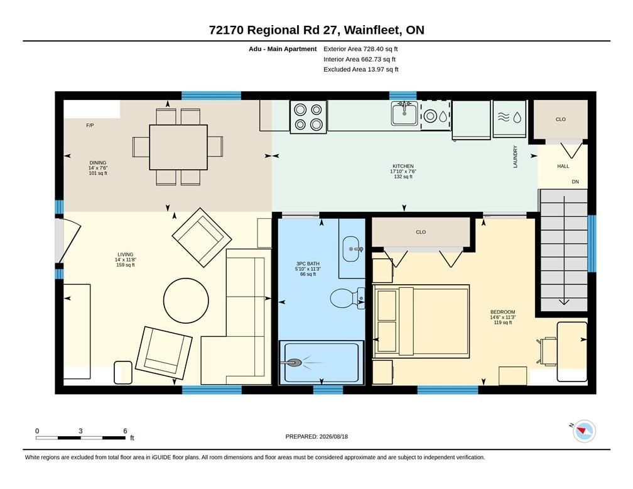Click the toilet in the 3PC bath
tap(347, 299)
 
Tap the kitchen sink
tap(404, 113)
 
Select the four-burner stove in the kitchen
tap(308, 116)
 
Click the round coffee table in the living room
tap(186, 300)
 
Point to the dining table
tap(178, 147)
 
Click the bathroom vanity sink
tap(352, 249)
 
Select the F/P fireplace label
tap(90, 125)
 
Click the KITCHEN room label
tap(403, 166)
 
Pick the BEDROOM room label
tap(502, 312)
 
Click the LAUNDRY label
tap(515, 157)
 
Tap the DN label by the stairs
tap(575, 182)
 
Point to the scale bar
tap(80, 437)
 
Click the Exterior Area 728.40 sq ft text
tap(360, 49)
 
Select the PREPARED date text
tap(316, 436)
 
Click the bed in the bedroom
tap(421, 321)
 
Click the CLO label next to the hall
tap(561, 119)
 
